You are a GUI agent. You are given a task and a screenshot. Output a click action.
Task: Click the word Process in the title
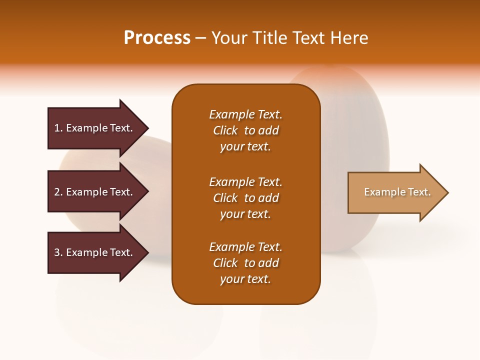[x=157, y=38]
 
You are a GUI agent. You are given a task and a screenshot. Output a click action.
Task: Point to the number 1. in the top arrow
[x=58, y=128]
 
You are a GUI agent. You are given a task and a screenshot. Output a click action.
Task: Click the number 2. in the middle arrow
[x=58, y=192]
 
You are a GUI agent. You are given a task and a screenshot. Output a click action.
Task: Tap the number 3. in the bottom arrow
[x=58, y=252]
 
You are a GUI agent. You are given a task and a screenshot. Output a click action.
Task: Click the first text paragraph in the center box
[x=245, y=130]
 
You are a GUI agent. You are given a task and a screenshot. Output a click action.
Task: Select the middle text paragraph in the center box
[x=245, y=198]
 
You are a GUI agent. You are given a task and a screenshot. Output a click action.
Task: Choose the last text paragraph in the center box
[x=245, y=263]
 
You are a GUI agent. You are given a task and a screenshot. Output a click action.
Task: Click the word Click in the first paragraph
[x=225, y=130]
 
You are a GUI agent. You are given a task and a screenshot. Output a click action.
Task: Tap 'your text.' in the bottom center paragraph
[x=245, y=279]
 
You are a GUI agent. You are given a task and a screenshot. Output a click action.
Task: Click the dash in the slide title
[x=200, y=38]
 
